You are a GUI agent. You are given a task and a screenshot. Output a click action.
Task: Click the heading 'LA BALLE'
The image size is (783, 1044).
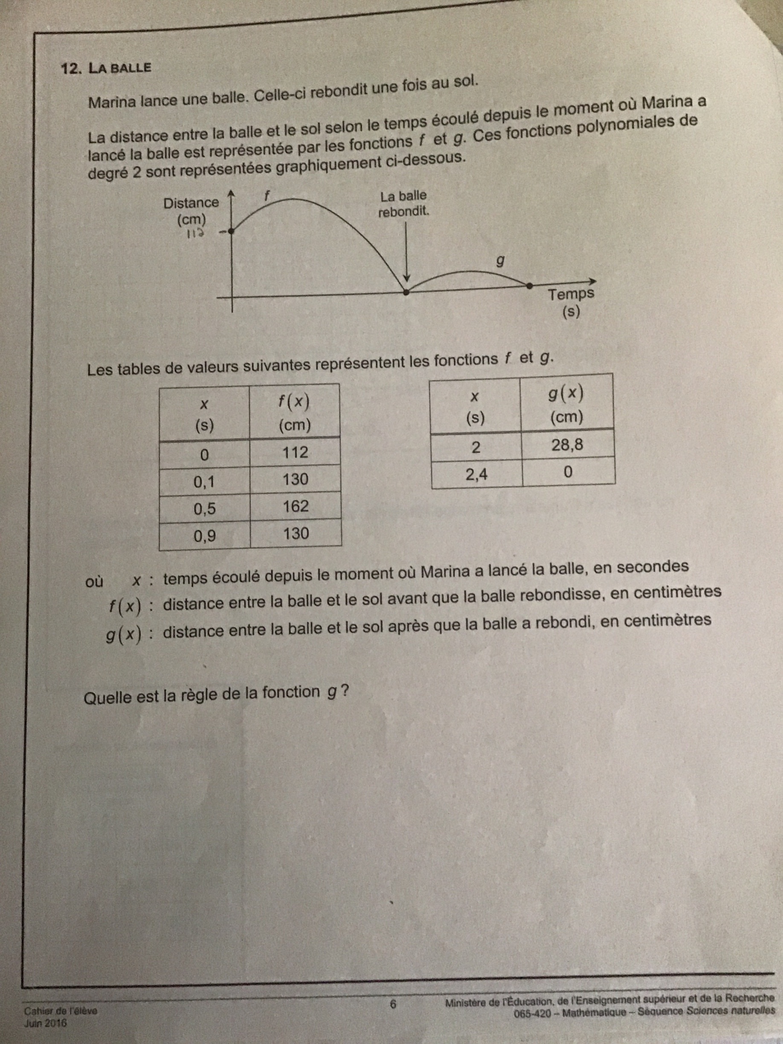(120, 67)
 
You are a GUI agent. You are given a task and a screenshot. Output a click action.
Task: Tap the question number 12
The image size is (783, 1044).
(71, 69)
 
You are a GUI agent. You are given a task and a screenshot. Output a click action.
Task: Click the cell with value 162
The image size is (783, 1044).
(296, 506)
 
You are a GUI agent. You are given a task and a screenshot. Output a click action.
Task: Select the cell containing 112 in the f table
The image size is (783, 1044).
(295, 452)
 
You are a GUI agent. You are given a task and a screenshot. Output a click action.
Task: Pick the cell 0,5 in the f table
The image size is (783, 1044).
(204, 509)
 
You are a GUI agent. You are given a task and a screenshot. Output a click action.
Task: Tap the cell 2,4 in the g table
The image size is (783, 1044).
(477, 473)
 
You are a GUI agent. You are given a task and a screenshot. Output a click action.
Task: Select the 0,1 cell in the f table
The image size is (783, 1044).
(204, 481)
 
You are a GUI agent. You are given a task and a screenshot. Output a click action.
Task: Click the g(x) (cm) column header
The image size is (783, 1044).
(566, 404)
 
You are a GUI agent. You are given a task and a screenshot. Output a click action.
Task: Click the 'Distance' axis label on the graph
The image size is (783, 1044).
(191, 203)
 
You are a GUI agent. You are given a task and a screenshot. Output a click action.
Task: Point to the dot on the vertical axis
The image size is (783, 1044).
(231, 231)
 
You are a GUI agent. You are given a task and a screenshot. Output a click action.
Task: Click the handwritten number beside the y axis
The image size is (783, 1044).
(195, 234)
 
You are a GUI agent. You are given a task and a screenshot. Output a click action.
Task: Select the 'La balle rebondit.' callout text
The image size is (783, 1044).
(403, 203)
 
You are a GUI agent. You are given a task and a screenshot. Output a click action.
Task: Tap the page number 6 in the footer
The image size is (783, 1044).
(393, 1004)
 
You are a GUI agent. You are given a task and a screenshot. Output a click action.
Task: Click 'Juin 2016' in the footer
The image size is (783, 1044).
(46, 1023)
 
